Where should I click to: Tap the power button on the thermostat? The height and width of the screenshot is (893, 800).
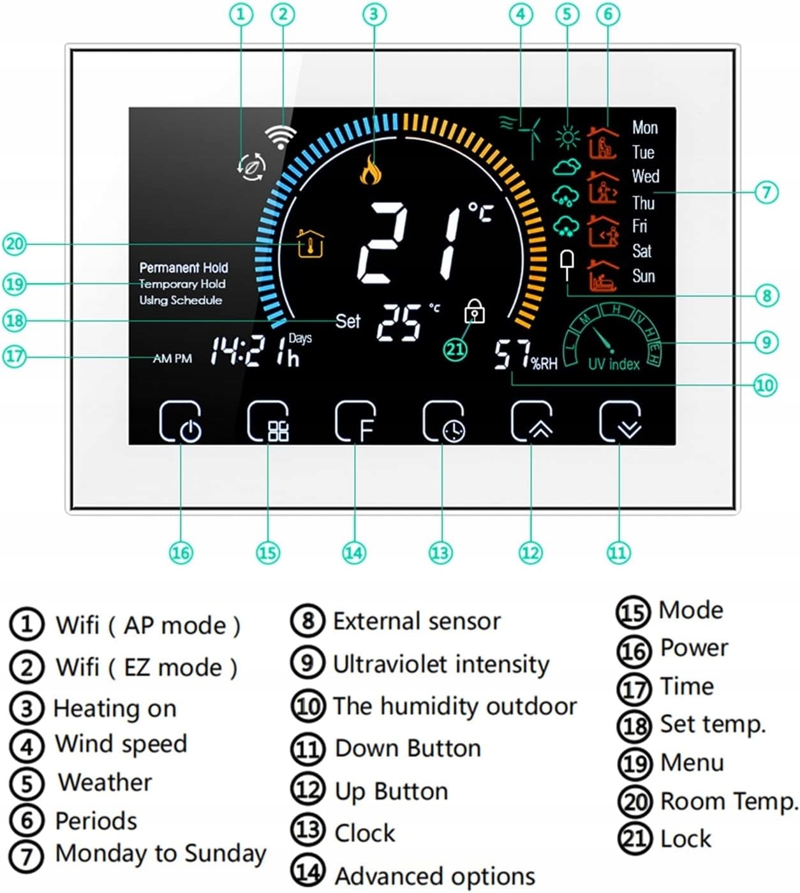pyautogui.click(x=181, y=422)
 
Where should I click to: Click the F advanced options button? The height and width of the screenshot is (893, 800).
pyautogui.click(x=355, y=422)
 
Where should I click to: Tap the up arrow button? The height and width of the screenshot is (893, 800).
pyautogui.click(x=531, y=422)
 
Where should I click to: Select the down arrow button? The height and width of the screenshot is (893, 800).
pyautogui.click(x=619, y=422)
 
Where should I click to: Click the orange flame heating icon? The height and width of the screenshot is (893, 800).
pyautogui.click(x=371, y=170)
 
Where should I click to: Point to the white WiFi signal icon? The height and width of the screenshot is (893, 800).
pyautogui.click(x=281, y=136)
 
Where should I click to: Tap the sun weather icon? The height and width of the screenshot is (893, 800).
pyautogui.click(x=567, y=137)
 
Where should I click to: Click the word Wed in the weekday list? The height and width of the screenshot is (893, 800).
pyautogui.click(x=645, y=176)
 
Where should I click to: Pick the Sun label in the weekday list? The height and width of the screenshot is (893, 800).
pyautogui.click(x=643, y=276)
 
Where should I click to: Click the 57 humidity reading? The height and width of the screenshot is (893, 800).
pyautogui.click(x=512, y=355)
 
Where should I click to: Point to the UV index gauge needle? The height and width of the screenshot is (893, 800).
pyautogui.click(x=602, y=340)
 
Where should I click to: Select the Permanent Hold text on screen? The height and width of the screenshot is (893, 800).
pyautogui.click(x=184, y=267)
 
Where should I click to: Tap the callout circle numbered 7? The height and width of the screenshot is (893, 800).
pyautogui.click(x=766, y=191)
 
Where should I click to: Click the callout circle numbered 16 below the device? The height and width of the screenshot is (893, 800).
pyautogui.click(x=181, y=552)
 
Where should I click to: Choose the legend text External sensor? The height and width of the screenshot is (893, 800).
pyautogui.click(x=417, y=621)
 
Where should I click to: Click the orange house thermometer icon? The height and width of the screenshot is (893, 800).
pyautogui.click(x=310, y=243)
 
